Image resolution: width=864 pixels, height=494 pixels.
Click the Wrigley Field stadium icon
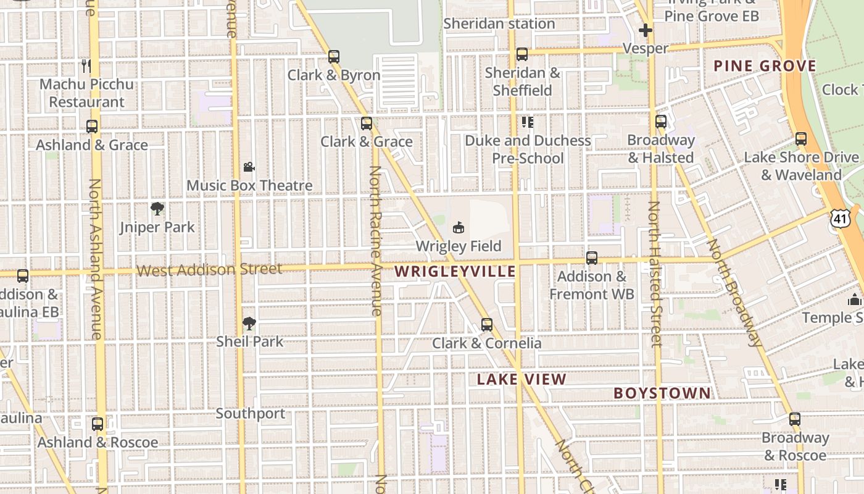pyautogui.click(x=458, y=228)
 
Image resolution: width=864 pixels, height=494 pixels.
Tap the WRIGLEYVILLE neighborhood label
pyautogui.click(x=455, y=271)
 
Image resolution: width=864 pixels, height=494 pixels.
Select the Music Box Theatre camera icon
pyautogui.click(x=249, y=167)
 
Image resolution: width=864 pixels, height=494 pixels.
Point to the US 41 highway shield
pyautogui.click(x=841, y=217)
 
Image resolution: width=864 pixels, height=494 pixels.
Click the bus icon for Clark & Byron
pyautogui.click(x=334, y=57)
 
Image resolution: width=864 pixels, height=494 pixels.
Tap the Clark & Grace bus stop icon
pyautogui.click(x=367, y=124)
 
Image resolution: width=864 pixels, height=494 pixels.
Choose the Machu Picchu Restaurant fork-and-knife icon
pyautogui.click(x=86, y=65)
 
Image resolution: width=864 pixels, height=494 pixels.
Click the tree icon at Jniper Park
pyautogui.click(x=157, y=209)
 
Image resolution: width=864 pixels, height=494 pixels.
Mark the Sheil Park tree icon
pyautogui.click(x=249, y=323)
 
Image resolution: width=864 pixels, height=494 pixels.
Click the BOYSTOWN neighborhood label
pyautogui.click(x=662, y=393)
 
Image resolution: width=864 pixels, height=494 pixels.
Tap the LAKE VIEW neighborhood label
pyautogui.click(x=521, y=379)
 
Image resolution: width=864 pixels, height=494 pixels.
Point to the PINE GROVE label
pyautogui.click(x=765, y=66)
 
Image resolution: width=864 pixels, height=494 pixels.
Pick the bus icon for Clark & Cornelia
pyautogui.click(x=487, y=325)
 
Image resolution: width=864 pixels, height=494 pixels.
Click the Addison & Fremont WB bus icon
pyautogui.click(x=592, y=258)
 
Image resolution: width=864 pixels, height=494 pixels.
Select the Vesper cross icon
pyautogui.click(x=646, y=30)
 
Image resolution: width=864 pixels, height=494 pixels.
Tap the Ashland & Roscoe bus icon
pyautogui.click(x=98, y=424)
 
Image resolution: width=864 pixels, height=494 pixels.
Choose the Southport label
pyautogui.click(x=251, y=414)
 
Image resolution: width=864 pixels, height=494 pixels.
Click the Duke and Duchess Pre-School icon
pyautogui.click(x=527, y=122)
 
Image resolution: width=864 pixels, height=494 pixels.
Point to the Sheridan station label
pyautogui.click(x=499, y=23)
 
